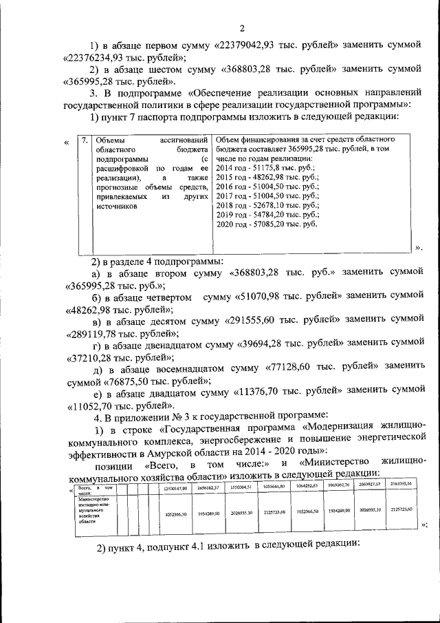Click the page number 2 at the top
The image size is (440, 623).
242,28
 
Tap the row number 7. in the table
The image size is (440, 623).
84,140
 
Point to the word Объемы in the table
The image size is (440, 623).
111,140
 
